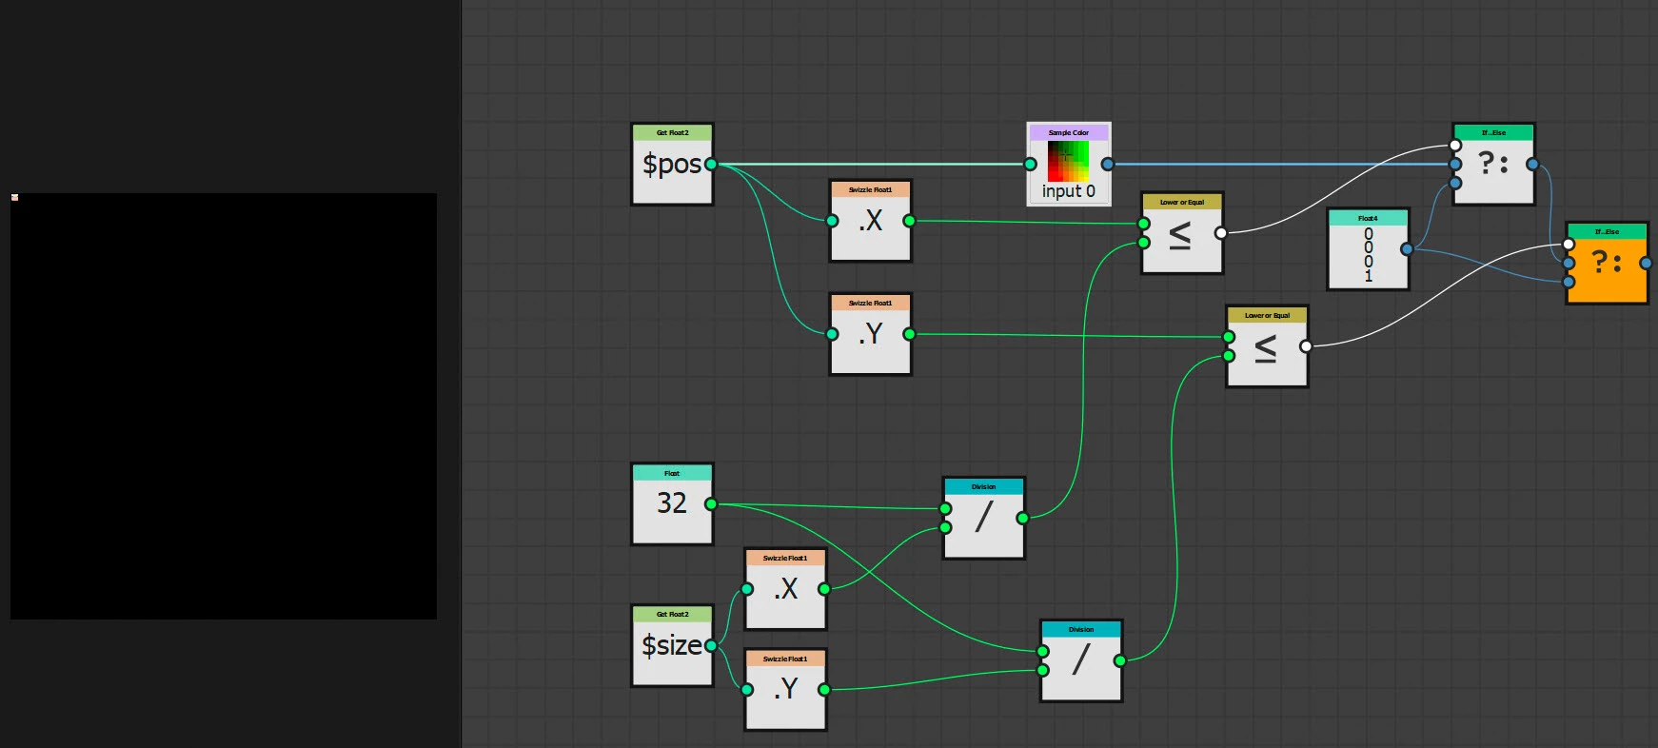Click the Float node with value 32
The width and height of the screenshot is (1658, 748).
click(x=672, y=503)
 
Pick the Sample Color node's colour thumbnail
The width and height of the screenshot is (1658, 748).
click(x=1068, y=161)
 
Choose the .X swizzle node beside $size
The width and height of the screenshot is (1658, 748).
click(x=785, y=589)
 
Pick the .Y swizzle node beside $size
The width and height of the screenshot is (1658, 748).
click(x=785, y=689)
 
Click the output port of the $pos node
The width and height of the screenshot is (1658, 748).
click(x=711, y=165)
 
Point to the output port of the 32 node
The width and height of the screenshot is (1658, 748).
click(x=711, y=503)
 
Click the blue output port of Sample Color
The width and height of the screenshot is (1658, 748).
click(x=1107, y=165)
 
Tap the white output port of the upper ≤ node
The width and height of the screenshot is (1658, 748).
click(x=1221, y=233)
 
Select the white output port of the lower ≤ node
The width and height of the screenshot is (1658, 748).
click(x=1306, y=346)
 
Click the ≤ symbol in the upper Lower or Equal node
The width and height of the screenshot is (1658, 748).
click(x=1180, y=235)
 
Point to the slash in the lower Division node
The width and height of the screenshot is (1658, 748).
click(x=1080, y=659)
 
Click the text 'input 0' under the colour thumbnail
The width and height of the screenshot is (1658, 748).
click(x=1068, y=191)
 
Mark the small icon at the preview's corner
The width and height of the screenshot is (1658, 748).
click(x=14, y=197)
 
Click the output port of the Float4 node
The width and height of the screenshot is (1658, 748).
click(x=1407, y=249)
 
